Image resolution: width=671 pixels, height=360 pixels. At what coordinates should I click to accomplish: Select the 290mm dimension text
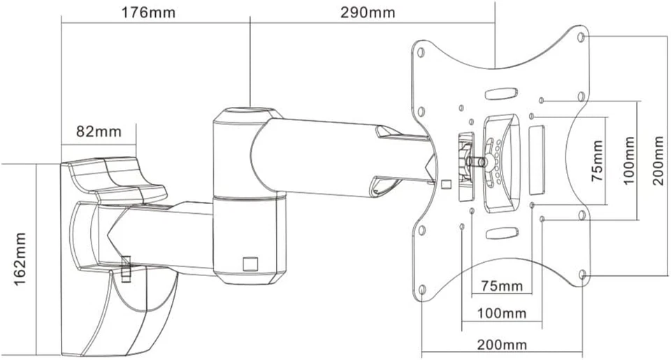368,13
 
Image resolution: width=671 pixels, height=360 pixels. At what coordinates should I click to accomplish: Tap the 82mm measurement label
98,131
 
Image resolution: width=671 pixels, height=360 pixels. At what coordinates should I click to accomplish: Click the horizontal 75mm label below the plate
500,287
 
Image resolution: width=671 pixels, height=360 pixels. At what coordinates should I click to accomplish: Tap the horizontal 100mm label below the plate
500,314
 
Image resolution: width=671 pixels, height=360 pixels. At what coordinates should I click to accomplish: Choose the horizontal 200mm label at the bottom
503,345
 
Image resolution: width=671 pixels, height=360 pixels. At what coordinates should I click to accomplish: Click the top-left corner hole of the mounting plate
419,52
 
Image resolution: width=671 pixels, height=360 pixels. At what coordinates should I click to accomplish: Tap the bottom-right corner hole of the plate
582,275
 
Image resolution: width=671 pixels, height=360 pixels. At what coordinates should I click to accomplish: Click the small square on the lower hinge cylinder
250,263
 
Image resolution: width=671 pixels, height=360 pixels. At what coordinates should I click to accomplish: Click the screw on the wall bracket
127,268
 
